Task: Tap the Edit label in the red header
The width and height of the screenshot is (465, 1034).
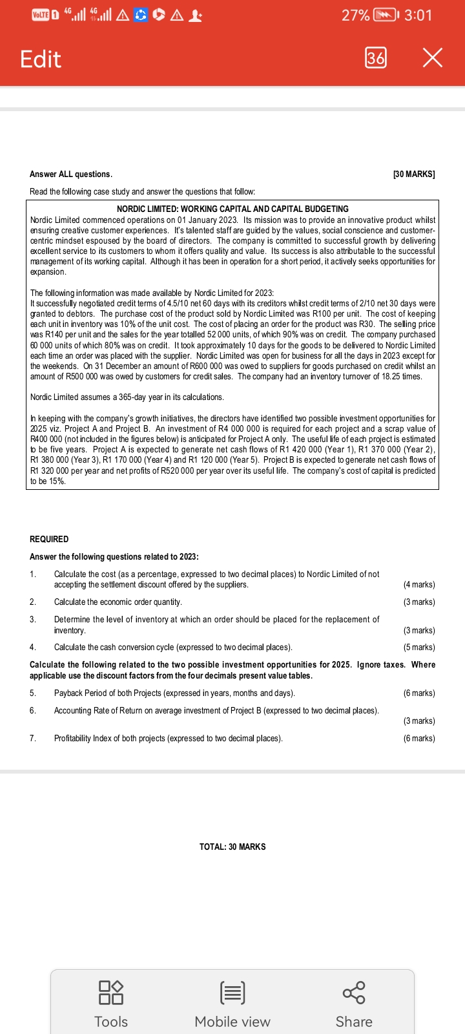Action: [x=40, y=59]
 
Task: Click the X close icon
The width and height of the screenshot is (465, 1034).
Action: [x=433, y=58]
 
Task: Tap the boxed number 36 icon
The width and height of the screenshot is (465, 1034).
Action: [x=376, y=58]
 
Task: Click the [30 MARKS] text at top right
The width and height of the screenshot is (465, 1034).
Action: [x=414, y=174]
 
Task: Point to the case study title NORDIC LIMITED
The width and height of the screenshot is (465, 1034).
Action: [x=232, y=209]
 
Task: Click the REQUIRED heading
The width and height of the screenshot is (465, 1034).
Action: [x=49, y=539]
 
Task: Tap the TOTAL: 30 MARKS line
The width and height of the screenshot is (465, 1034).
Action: [x=232, y=847]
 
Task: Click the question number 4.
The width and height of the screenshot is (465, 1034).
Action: [x=33, y=647]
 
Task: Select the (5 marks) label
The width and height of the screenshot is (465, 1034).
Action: [x=419, y=647]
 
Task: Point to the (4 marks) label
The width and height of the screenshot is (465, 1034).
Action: [x=419, y=584]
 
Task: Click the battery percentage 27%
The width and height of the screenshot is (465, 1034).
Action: [x=356, y=15]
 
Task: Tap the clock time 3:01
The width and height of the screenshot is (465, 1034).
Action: [x=418, y=15]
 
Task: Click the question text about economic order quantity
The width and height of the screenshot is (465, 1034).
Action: [x=118, y=602]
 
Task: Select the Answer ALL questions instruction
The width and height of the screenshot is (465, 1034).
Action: [x=71, y=174]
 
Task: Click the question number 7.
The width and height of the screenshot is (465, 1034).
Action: [x=33, y=738]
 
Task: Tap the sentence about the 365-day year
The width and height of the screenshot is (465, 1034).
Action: [x=127, y=397]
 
